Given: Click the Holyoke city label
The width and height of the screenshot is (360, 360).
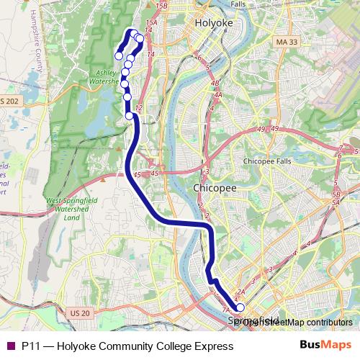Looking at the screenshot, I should click(212, 22).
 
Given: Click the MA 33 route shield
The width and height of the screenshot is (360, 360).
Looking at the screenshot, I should click(286, 43).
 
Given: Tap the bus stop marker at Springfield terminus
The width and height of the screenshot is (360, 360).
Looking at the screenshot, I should click(240, 307).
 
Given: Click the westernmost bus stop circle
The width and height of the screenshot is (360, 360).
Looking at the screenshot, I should click(119, 56).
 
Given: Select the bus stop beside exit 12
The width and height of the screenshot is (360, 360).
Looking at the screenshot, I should click(130, 115).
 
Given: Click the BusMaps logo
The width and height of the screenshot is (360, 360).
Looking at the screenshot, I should click(325, 346).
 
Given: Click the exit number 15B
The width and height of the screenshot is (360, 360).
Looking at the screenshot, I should click(161, 6).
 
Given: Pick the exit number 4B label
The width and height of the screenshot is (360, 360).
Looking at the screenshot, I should click(215, 84).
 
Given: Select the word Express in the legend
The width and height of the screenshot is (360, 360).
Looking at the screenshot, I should click(215, 346).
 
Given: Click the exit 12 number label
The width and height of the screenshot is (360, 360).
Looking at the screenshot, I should click(139, 107).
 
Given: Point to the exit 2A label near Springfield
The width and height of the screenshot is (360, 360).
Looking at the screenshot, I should click(241, 292).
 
